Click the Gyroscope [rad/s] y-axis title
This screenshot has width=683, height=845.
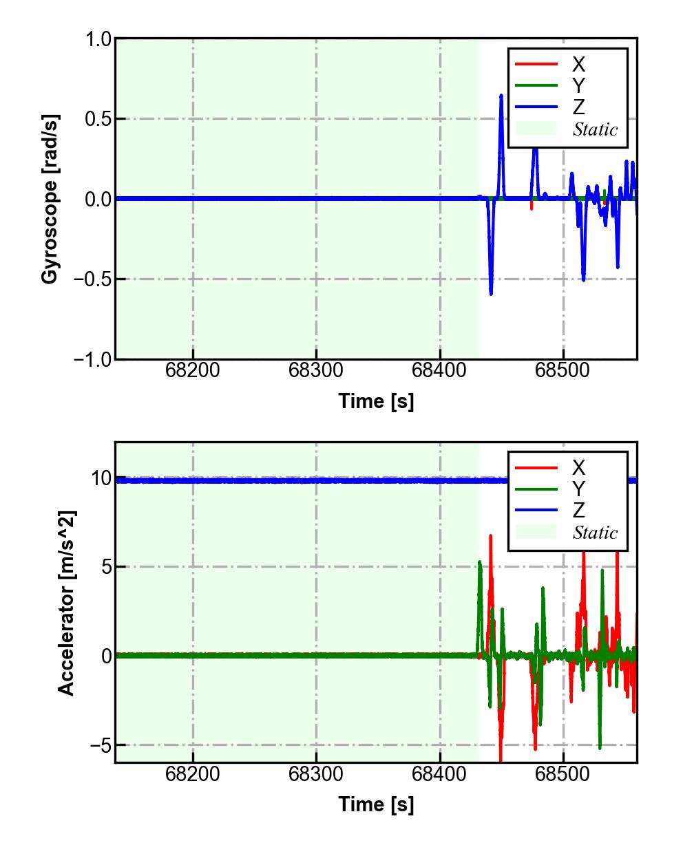coord(50,198)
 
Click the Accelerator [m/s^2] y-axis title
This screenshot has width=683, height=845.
coord(66,603)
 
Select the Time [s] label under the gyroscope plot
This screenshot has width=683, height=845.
coord(376,400)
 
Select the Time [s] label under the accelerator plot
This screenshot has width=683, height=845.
coord(376,804)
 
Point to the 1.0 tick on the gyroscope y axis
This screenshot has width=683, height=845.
coord(98,39)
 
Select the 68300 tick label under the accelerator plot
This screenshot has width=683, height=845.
coord(316,775)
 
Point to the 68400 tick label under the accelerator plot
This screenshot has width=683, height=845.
coord(440,775)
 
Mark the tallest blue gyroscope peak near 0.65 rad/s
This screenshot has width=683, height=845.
coord(501,96)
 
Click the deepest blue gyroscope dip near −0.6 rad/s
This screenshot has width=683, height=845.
coord(491,293)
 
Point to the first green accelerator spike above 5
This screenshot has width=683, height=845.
coord(479,563)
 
